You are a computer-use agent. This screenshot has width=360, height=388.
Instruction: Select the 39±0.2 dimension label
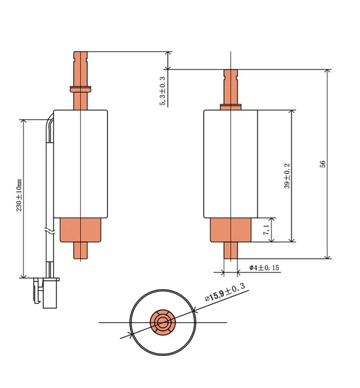(287, 176)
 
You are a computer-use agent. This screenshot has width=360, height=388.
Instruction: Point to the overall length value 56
(322, 164)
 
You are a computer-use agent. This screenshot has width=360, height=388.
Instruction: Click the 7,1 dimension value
(266, 229)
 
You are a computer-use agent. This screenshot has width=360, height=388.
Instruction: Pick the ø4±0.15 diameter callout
(265, 268)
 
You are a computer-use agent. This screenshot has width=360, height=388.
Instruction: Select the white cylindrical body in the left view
(80, 163)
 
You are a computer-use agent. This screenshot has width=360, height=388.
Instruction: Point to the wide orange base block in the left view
(80, 229)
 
